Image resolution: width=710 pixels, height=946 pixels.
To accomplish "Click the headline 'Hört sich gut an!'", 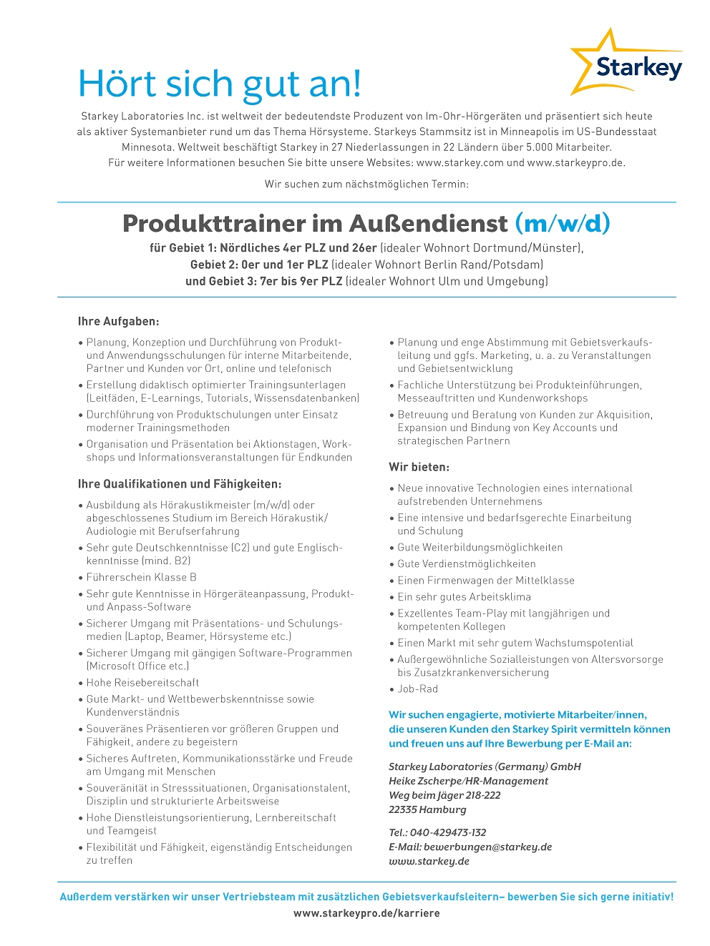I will coord(219,84).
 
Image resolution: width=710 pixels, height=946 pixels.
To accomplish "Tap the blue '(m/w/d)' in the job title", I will coord(563,223).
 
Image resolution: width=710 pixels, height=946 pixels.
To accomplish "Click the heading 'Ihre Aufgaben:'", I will coord(118,321).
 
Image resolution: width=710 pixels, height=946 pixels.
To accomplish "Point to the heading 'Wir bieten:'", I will coord(419,467).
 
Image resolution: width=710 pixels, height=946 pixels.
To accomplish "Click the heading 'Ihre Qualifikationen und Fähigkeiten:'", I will coord(180,484).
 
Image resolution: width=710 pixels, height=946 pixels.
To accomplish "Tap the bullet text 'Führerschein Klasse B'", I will coord(141,577).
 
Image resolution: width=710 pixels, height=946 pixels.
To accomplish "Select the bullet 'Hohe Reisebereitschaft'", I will coord(142,682).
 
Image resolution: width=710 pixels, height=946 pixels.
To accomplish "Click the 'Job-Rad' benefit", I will coord(417,689).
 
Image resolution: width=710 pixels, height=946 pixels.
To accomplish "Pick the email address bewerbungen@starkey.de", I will coord(487,847).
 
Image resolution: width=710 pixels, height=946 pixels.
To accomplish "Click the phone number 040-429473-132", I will coord(447,832).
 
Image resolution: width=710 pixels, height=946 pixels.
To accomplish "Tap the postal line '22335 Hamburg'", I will coord(427,809).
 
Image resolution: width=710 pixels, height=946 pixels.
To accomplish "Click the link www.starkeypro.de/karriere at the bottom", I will coord(366,913).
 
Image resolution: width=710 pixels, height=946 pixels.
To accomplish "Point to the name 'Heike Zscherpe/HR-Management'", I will coord(468,781).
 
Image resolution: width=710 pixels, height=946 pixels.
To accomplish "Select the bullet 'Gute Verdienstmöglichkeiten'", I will coord(466,563).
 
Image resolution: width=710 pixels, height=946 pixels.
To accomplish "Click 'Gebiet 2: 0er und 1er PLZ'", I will coord(259,265).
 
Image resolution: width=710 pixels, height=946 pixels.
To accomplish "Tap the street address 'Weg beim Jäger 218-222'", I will coord(444,795).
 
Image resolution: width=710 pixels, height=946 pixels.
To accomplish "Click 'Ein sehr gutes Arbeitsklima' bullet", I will coord(464,596).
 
